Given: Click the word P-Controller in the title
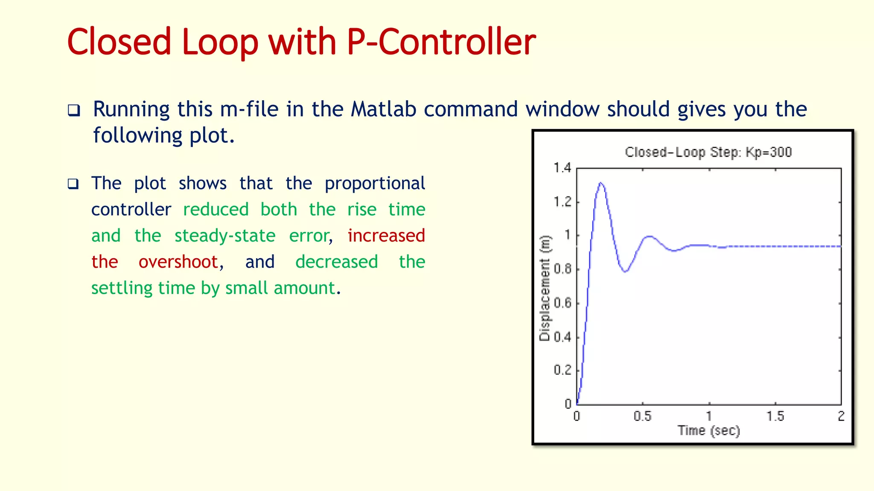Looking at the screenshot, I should (x=441, y=42).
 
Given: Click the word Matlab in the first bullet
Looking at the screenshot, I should (x=383, y=109).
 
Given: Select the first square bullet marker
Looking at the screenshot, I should (x=74, y=111).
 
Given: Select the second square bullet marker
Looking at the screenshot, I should (x=73, y=184).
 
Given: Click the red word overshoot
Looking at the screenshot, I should (x=178, y=262).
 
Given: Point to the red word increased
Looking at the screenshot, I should (x=386, y=236).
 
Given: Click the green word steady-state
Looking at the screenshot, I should (x=225, y=236).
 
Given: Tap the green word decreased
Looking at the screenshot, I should (x=336, y=262).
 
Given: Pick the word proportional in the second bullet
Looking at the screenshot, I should (x=375, y=183).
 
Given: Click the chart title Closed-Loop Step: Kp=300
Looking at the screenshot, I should (x=708, y=152).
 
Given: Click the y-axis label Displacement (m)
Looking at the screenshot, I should (x=545, y=288).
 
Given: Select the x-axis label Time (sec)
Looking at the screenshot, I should (x=708, y=430).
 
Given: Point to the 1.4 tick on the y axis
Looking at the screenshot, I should (x=562, y=168).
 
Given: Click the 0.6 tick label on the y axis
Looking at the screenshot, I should (x=562, y=303).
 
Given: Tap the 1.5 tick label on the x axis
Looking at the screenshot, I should (x=775, y=416).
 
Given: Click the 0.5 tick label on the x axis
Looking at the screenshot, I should (x=642, y=416).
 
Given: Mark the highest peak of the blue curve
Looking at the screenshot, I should (x=601, y=183).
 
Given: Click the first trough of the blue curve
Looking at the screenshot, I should (x=625, y=271).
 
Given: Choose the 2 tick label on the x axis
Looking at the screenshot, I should (x=841, y=416).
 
